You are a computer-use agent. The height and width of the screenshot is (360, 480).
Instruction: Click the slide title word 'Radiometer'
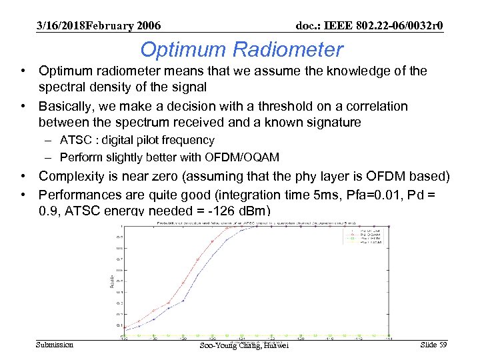pyautogui.click(x=292, y=50)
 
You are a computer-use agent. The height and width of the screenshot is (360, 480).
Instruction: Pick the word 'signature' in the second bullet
pyautogui.click(x=335, y=123)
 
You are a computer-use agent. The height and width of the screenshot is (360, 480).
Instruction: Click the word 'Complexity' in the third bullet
pyautogui.click(x=69, y=177)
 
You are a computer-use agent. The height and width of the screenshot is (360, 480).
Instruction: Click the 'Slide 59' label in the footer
pyautogui.click(x=433, y=344)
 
